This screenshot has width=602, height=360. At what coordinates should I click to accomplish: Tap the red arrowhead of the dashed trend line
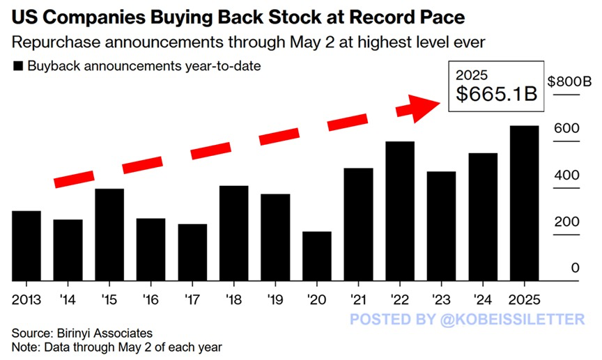click(x=418, y=108)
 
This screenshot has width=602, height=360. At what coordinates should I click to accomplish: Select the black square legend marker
click(x=18, y=67)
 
